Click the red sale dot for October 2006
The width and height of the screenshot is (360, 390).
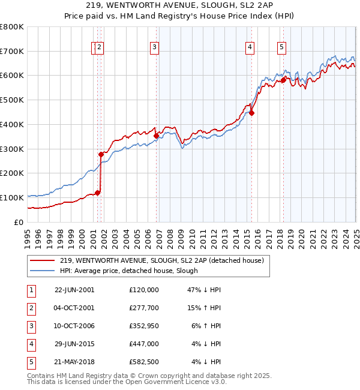coord(156,136)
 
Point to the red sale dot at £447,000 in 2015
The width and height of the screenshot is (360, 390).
coord(252,113)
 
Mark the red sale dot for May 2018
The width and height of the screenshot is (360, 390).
coord(283,80)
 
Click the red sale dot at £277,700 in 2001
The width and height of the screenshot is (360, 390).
coord(101,154)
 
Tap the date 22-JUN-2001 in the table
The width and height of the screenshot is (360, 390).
coord(74,289)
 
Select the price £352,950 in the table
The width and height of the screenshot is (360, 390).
coord(144,325)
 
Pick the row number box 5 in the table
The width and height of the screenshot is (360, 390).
coord(31,362)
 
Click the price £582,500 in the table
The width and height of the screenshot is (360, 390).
coord(144,362)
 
